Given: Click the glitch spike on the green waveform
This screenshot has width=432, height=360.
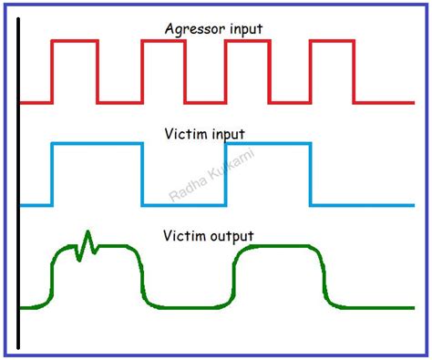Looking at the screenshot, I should click(87, 243).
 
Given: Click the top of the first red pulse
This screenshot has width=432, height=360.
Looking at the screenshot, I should click(74, 41).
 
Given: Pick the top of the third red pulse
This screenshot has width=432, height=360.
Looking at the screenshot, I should click(246, 41).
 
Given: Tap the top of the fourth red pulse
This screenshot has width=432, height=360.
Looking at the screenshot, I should click(332, 41).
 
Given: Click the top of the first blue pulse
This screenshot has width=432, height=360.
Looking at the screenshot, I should click(96, 144).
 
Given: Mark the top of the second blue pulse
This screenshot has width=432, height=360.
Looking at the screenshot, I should click(268, 144).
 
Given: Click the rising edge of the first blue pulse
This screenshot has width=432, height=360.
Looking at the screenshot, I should click(52, 174).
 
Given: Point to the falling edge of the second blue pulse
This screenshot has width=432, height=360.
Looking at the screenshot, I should click(311, 174).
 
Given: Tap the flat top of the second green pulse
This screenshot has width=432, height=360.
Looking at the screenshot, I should click(277, 247).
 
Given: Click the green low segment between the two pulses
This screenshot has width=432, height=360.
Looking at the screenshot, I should click(187, 305).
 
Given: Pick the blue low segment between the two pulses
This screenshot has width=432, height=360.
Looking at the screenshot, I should click(182, 204).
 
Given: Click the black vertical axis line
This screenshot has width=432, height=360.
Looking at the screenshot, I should click(18, 182).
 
